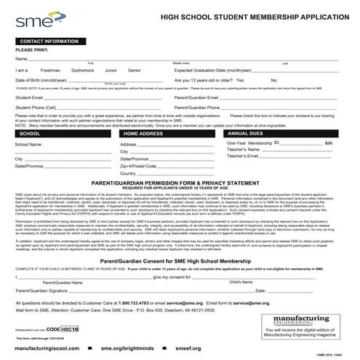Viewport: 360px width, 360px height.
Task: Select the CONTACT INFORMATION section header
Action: (x=49, y=42)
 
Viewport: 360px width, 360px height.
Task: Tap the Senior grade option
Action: (x=134, y=70)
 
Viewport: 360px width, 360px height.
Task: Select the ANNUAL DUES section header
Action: (x=247, y=135)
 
